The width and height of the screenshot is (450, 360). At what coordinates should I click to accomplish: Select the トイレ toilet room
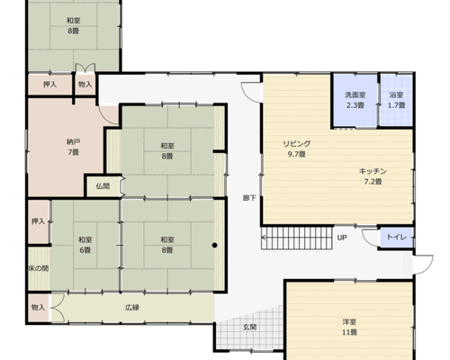tap(396, 238)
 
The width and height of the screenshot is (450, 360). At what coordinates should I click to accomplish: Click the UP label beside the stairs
tap(342, 238)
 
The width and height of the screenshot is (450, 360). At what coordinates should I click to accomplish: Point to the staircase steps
tap(297, 238)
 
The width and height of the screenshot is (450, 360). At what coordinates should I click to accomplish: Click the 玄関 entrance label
tap(249, 327)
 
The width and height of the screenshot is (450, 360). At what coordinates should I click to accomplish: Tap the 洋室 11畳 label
tap(349, 328)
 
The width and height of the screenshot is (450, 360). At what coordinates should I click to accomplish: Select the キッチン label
tap(373, 171)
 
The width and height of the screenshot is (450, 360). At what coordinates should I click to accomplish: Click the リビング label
tap(297, 144)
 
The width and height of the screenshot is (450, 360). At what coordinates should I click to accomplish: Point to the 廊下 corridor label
tap(249, 198)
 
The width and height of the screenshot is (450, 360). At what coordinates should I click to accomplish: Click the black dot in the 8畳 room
tap(214, 246)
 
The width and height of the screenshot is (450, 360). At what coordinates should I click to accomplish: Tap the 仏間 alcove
tap(103, 186)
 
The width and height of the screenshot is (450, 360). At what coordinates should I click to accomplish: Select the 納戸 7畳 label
tap(73, 147)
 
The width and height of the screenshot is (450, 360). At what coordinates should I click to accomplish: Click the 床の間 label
tap(39, 268)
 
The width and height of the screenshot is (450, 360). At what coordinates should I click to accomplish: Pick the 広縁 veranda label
tap(132, 308)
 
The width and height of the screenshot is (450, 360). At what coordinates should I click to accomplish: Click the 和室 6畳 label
tap(85, 245)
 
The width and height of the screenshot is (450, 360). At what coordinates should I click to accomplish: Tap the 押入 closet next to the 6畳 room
tap(39, 221)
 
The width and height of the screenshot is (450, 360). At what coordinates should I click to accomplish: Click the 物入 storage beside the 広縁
tap(39, 308)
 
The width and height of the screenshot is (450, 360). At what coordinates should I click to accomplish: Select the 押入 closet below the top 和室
tap(49, 85)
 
